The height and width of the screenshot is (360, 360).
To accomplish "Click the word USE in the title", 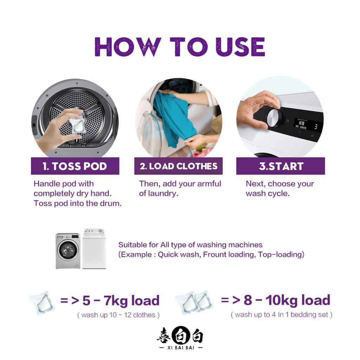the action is click(x=240, y=47).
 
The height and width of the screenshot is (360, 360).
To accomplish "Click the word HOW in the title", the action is click(x=127, y=47).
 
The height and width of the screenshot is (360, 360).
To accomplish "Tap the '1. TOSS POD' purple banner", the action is click(x=75, y=166).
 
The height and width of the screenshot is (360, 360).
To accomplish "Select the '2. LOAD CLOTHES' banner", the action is click(x=178, y=166).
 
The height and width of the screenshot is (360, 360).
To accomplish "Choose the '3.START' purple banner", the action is click(x=281, y=166).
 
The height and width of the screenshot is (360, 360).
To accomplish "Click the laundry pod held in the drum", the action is click(x=77, y=123).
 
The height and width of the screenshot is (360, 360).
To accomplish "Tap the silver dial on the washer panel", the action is click(x=274, y=118).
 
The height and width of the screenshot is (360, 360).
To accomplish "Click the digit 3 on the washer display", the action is click(x=316, y=126).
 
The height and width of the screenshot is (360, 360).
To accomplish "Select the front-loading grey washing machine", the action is click(x=68, y=251).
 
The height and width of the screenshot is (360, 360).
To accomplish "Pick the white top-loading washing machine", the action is click(x=94, y=249).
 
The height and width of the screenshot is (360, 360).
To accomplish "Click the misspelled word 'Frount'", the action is click(x=214, y=255).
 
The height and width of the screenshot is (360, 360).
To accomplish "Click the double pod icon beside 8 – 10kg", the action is click(x=194, y=303).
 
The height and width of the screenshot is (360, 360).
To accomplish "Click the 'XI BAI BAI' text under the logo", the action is click(x=181, y=348).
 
